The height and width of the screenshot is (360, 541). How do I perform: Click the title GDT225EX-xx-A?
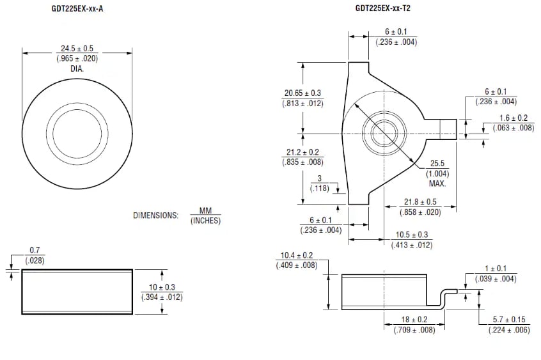77,8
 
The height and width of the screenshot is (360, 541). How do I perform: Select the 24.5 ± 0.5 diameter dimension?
77,49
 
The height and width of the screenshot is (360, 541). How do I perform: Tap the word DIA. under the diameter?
77,68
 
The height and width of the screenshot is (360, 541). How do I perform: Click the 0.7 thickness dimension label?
35,250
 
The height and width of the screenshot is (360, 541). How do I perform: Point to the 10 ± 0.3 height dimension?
161,287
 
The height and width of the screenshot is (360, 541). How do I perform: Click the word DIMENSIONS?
155,215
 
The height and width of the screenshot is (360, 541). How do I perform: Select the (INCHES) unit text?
205,221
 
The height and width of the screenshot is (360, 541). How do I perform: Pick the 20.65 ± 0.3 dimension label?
303,93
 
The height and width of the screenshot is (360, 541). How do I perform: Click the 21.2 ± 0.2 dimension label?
302,152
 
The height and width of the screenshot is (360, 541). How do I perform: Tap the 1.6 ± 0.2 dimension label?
514,118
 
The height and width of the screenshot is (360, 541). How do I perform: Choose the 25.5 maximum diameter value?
437,164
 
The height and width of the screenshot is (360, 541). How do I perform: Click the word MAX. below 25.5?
437,184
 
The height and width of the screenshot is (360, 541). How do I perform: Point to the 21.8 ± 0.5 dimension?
419,201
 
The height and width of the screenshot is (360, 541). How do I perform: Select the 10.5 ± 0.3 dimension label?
412,235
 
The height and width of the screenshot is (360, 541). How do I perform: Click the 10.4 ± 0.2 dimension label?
297,255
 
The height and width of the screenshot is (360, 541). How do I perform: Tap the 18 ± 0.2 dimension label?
414,319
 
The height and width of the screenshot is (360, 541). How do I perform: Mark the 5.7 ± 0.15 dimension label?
509,319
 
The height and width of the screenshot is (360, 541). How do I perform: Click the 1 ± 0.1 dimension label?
496,269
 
